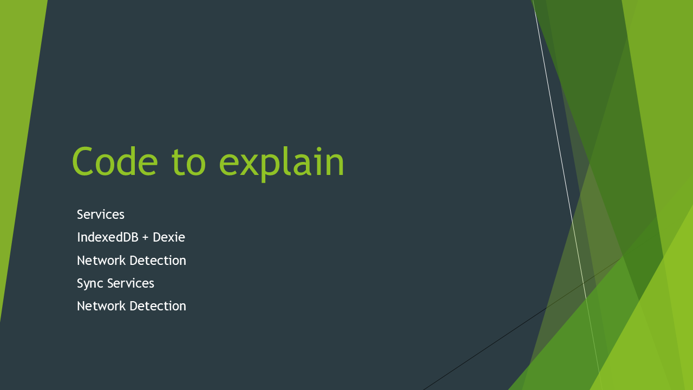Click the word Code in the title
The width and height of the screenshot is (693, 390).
coord(115,161)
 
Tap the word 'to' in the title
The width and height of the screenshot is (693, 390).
coord(188,161)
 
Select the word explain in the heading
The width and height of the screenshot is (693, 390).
coord(282,164)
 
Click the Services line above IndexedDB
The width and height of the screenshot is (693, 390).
coord(101,214)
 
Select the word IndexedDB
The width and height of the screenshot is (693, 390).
coord(108,237)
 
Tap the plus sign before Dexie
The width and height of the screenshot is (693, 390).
coord(146,238)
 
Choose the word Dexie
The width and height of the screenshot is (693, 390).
coord(169,237)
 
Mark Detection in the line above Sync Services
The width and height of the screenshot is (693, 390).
coord(158,261)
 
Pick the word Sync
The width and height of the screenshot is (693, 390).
coord(90,284)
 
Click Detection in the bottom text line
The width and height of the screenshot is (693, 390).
coord(158,306)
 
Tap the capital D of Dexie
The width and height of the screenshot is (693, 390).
coord(157,237)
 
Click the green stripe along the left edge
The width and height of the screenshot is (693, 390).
coord(18,124)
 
